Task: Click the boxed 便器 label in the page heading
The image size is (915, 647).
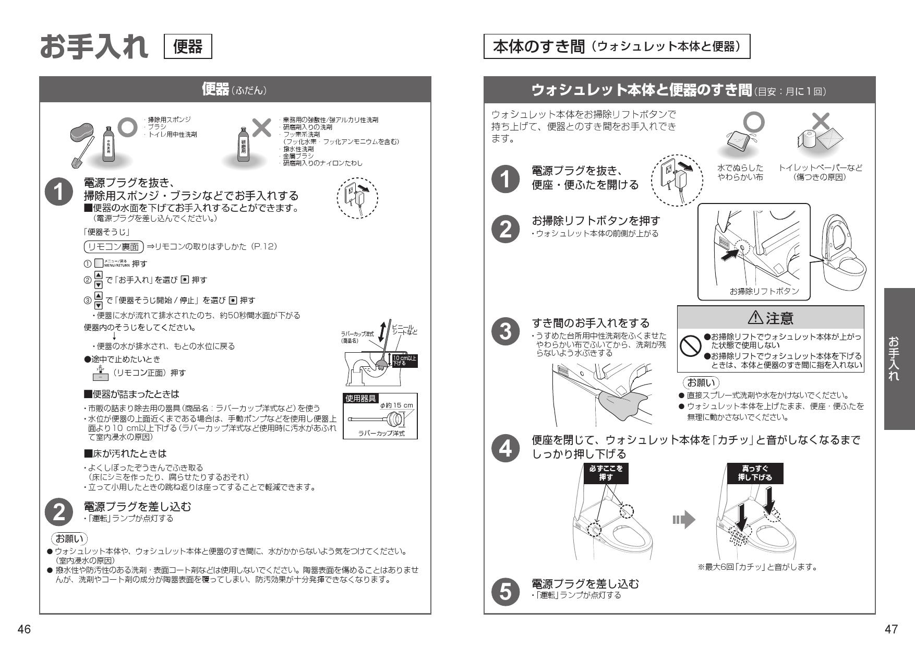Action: [188, 46]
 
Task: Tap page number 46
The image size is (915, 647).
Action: [24, 630]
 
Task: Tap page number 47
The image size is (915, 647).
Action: [891, 630]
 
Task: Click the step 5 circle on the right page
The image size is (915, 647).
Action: [505, 590]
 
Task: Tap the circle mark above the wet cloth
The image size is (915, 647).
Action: [753, 122]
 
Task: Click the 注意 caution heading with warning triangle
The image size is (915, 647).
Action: [770, 318]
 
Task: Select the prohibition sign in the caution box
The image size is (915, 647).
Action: [690, 344]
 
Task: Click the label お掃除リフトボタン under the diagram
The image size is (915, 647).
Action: [764, 291]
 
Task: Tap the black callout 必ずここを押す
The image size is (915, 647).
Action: [606, 473]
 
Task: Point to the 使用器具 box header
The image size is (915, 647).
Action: [361, 398]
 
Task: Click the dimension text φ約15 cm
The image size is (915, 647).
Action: [396, 405]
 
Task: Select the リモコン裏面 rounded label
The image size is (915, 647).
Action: [113, 246]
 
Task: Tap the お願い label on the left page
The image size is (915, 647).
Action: [69, 538]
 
